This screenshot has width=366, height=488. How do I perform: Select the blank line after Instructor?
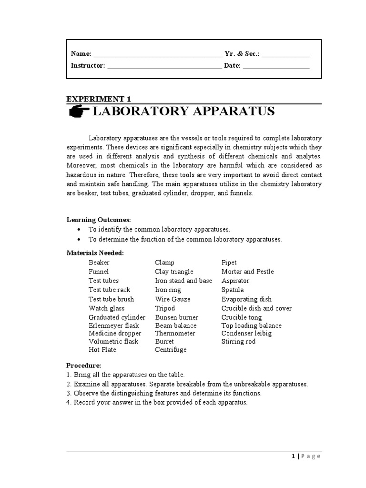point(164,67)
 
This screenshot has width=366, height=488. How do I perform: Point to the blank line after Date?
point(276,67)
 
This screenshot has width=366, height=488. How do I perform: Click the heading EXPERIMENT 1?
point(98,99)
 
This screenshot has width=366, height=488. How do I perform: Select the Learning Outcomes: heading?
point(98,220)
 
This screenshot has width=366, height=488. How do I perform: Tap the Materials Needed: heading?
point(95,253)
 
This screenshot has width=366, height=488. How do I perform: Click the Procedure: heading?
point(83,366)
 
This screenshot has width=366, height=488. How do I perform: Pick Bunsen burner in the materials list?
point(176,317)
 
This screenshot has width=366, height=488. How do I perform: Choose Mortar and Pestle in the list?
point(247,272)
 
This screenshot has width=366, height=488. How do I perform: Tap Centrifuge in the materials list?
point(171,350)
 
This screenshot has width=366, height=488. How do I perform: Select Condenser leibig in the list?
point(246,334)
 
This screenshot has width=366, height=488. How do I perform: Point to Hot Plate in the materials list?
point(102,350)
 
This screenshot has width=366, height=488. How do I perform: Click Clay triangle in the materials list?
point(174,272)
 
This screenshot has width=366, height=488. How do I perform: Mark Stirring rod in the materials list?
point(238,342)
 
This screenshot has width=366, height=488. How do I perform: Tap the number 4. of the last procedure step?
point(69,403)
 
